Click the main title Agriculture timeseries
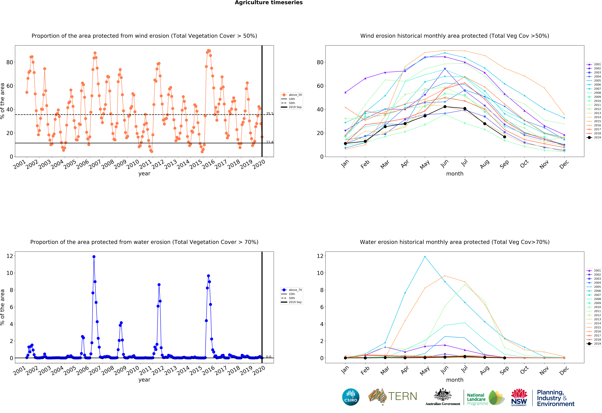(269, 3)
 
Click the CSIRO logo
(351, 397)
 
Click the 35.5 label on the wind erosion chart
(270, 114)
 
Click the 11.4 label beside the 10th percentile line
(270, 142)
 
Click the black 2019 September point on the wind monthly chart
(504, 137)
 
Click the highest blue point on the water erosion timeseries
(94, 257)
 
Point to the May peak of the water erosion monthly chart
(425, 257)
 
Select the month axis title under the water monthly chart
(455, 380)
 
